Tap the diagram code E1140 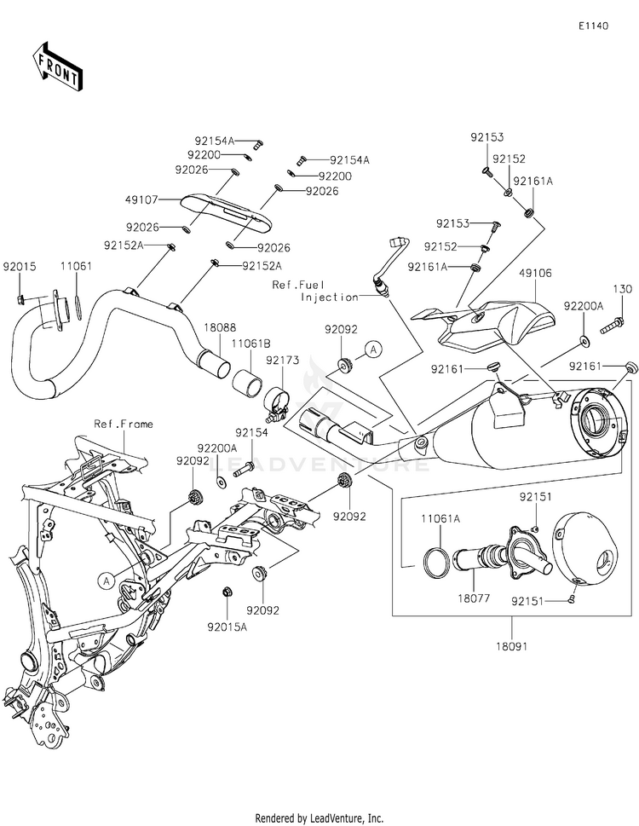[593, 26]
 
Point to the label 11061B [252, 344]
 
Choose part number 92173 [282, 361]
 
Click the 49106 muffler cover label [535, 274]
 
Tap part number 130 [622, 289]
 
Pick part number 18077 [474, 598]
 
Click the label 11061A [440, 519]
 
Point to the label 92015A [227, 627]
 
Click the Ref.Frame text [124, 424]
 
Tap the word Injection [330, 297]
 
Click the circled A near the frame [106, 581]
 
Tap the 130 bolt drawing [612, 322]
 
